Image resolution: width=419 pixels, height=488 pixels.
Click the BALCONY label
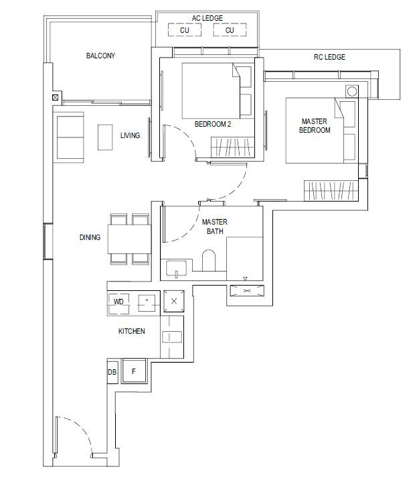(100, 56)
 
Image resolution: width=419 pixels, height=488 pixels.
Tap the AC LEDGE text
(207, 18)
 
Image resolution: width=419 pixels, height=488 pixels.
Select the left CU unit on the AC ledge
(185, 30)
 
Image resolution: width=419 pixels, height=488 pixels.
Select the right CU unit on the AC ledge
(230, 30)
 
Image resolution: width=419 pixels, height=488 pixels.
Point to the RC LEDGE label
(329, 57)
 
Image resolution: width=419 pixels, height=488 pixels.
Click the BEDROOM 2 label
(213, 124)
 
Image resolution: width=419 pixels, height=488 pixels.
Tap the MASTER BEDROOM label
(315, 125)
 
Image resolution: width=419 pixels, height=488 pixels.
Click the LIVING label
(130, 135)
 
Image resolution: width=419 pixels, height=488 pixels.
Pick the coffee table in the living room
(105, 137)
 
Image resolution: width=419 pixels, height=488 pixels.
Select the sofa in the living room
(70, 137)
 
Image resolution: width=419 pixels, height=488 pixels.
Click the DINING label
(90, 237)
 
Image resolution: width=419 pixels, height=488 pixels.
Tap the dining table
(129, 239)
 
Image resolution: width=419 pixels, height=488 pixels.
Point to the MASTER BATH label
(215, 227)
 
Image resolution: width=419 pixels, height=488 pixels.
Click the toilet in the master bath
(209, 260)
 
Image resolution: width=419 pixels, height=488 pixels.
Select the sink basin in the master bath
(176, 268)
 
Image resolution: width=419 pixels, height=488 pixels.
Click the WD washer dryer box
(118, 302)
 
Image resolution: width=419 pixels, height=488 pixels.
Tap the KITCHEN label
(131, 331)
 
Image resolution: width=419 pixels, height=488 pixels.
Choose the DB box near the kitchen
(112, 371)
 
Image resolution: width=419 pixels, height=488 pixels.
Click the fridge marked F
(134, 371)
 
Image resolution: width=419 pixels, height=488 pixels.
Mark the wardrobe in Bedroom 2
(233, 147)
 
